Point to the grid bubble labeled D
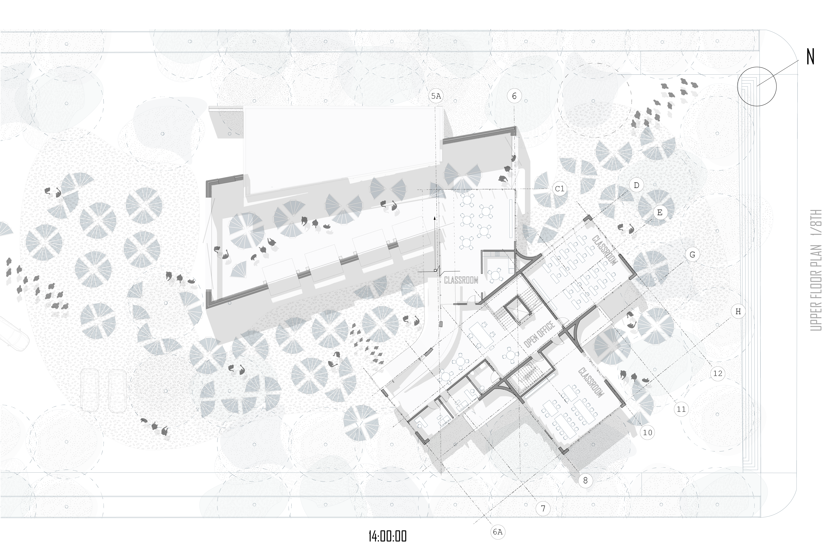(x=636, y=185)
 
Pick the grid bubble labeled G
(x=692, y=255)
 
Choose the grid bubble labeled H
(x=738, y=312)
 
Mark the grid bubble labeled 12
(x=718, y=373)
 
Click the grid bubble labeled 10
(x=647, y=433)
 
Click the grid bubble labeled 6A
(x=497, y=532)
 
